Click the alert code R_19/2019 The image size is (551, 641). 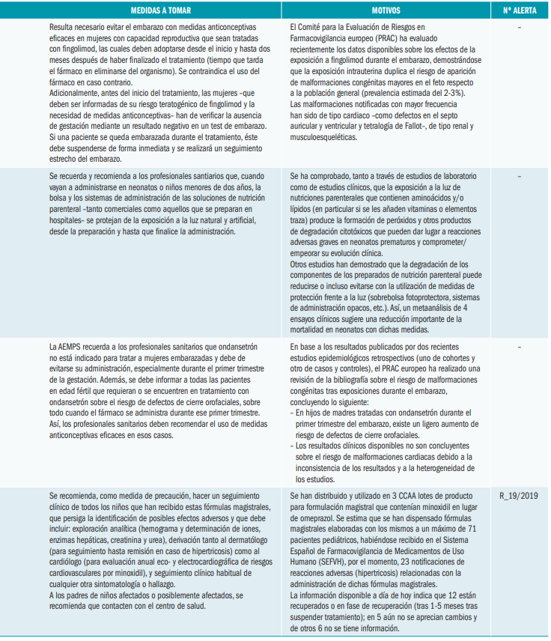pos(518,496)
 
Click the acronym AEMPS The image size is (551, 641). pos(67,347)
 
